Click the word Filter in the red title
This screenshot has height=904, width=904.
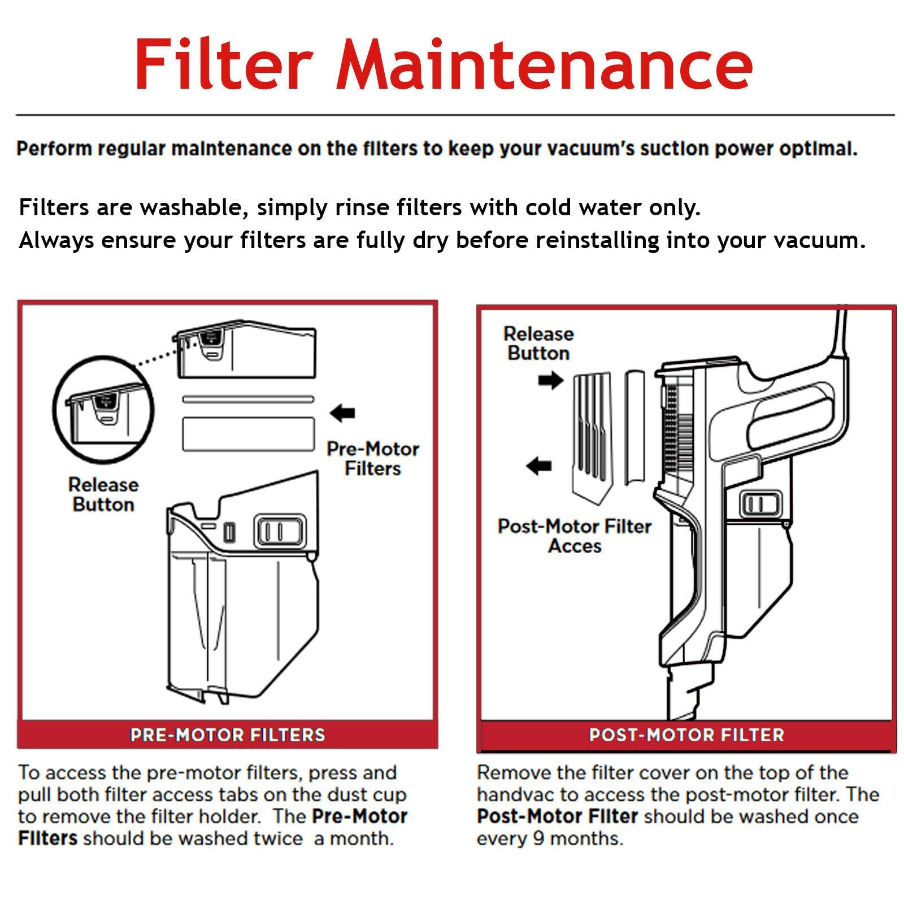coord(224,63)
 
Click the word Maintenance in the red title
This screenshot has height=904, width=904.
coord(545,63)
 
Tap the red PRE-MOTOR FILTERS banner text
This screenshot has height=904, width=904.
coord(227,734)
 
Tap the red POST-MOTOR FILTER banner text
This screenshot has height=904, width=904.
coord(686,734)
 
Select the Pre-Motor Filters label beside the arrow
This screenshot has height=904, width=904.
coord(372,458)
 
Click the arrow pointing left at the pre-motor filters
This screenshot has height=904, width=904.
coord(342,413)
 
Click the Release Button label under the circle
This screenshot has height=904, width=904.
coord(103,494)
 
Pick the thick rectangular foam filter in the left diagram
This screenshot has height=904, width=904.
coord(248,434)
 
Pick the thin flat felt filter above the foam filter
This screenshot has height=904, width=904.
coord(248,399)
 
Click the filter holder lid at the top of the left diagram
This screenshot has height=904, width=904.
coord(246,351)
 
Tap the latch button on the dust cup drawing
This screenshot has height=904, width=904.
coord(280,531)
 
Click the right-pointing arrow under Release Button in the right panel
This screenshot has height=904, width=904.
coord(550,380)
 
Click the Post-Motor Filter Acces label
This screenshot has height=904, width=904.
coord(574,536)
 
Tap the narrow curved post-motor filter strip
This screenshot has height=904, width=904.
coord(635,427)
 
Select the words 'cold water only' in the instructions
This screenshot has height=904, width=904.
coord(612,208)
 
